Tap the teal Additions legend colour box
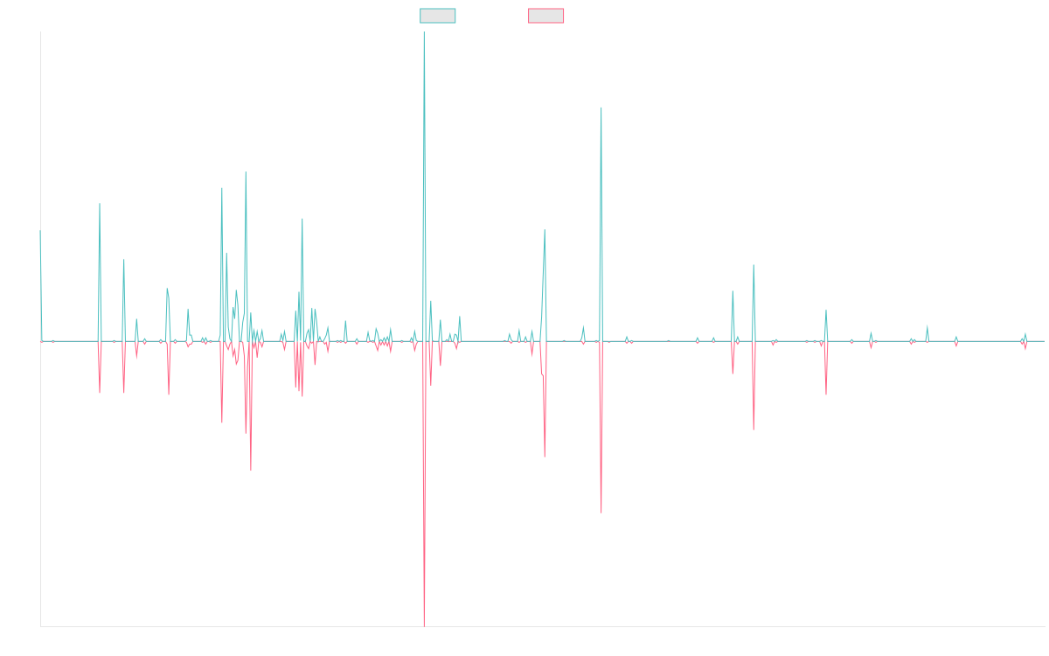(438, 16)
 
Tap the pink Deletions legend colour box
(546, 16)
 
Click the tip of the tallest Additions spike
(424, 32)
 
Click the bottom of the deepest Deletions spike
(424, 625)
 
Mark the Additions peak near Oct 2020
(601, 108)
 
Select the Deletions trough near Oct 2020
(601, 513)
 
